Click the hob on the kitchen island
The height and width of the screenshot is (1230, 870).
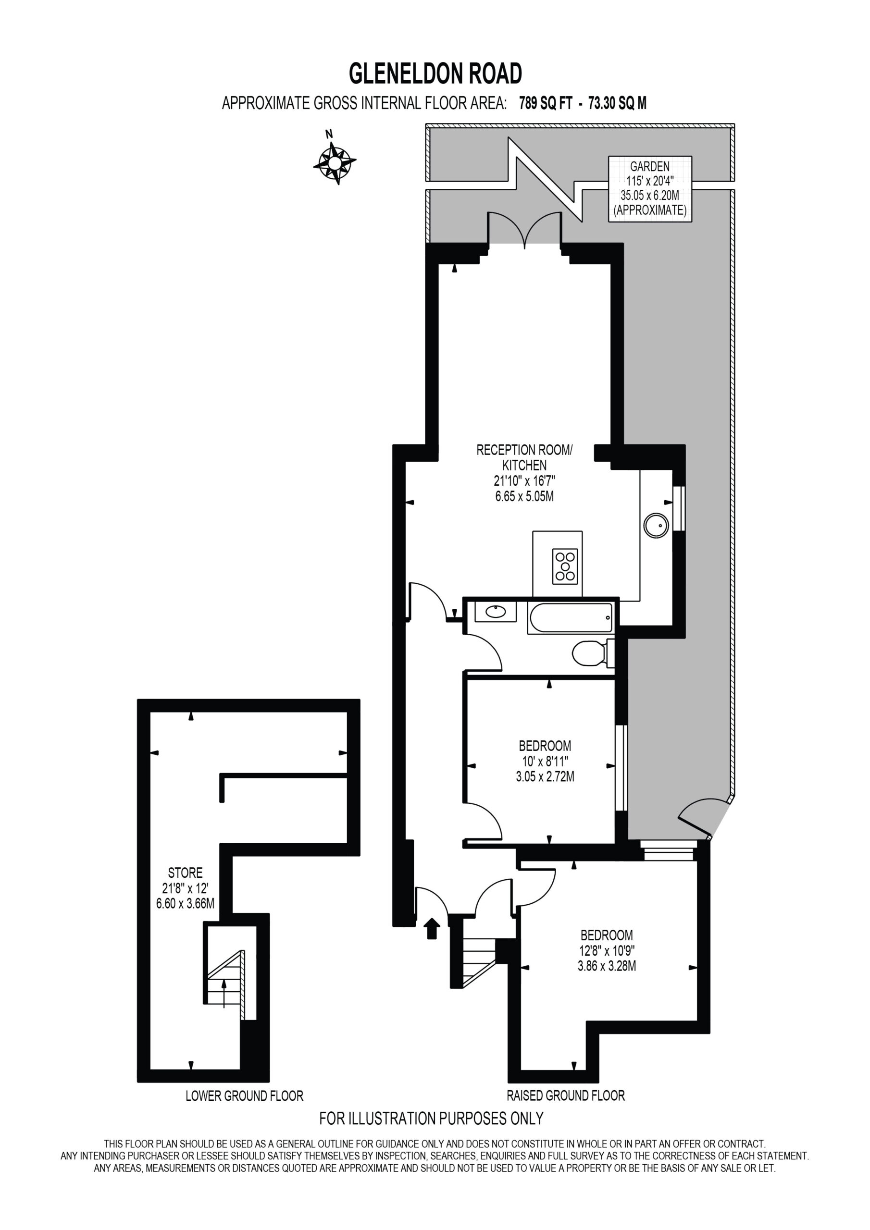(x=565, y=566)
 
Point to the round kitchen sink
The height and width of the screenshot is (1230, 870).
(x=656, y=526)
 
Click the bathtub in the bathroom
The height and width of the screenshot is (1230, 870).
(x=571, y=618)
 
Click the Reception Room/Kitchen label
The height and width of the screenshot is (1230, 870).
(x=524, y=472)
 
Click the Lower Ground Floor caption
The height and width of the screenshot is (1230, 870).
(x=245, y=1095)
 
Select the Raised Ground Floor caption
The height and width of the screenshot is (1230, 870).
(x=566, y=1095)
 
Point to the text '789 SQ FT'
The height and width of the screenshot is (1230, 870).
(x=546, y=103)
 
